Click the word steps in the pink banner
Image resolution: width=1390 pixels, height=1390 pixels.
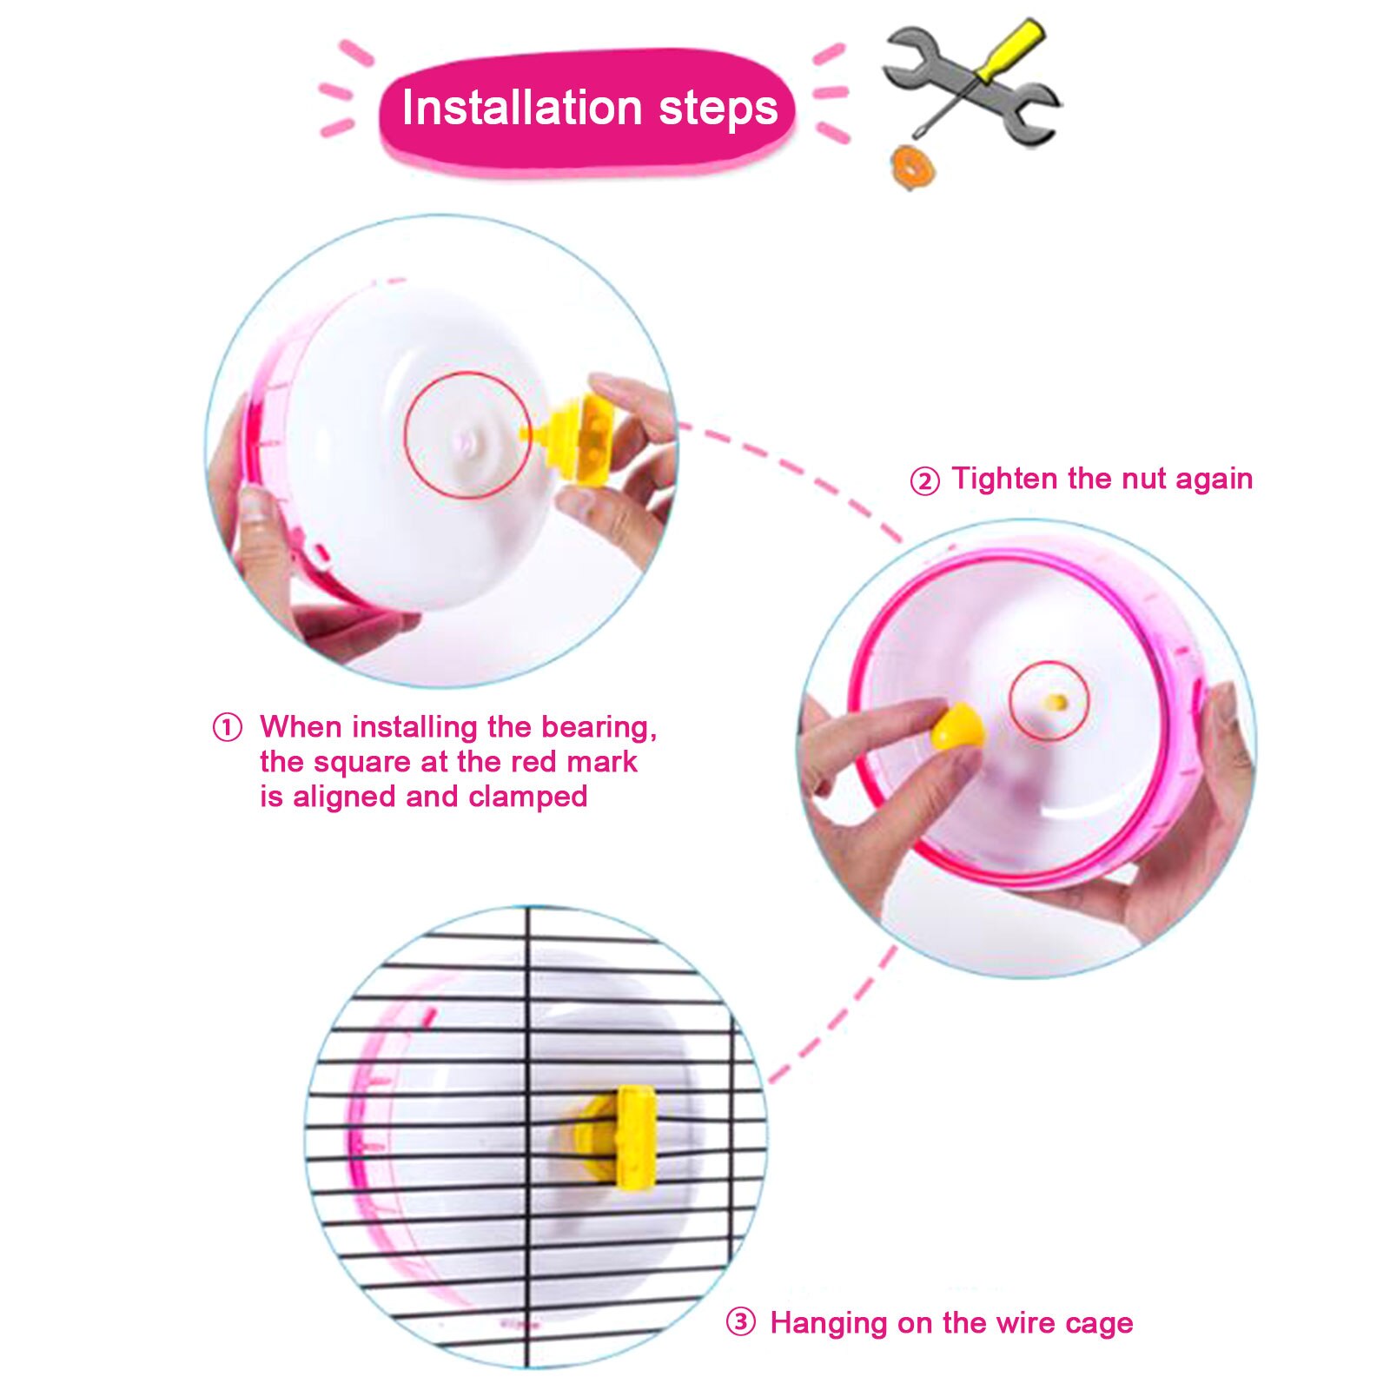718,109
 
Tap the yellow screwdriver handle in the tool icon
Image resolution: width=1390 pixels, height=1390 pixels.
1009,50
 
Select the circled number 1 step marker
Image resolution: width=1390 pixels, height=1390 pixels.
228,727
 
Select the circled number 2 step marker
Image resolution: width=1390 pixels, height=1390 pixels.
924,480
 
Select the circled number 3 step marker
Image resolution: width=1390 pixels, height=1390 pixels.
740,1322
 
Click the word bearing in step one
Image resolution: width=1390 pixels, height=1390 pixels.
598,727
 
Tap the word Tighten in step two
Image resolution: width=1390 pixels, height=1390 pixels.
1005,479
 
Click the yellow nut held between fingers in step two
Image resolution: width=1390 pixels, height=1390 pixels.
956,727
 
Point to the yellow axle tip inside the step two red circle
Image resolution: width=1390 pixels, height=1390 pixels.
1056,701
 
